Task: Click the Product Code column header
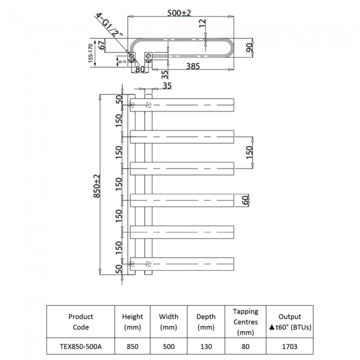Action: click(80, 322)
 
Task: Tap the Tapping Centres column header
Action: click(245, 322)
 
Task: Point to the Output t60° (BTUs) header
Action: click(289, 322)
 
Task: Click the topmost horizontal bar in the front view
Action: click(183, 104)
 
